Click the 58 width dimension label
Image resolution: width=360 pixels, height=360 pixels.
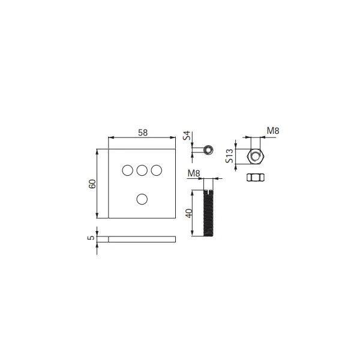coord(143,133)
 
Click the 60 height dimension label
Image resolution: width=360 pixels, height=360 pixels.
coord(92,184)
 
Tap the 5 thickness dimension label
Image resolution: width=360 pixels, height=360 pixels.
coord(91,238)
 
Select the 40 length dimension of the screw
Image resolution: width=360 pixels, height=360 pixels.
coord(190,213)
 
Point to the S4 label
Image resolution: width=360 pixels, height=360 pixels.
coord(187,136)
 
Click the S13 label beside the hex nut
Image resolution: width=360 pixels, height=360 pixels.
coord(230,156)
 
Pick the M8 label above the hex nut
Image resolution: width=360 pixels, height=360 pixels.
coord(273,131)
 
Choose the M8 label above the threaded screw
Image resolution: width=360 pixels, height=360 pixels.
coord(194,173)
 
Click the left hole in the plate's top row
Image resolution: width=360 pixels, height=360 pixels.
coord(128,170)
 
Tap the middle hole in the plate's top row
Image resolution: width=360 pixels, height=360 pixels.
coord(142,170)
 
